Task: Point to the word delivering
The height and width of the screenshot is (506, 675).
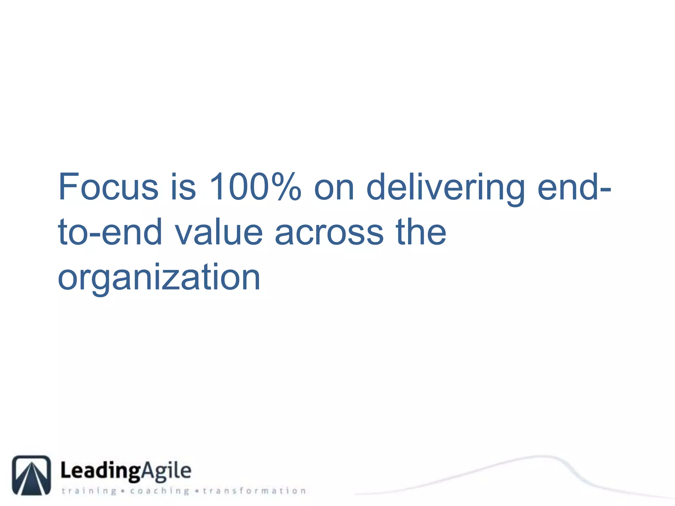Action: pos(445,187)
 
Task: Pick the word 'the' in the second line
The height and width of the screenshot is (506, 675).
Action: pos(421,232)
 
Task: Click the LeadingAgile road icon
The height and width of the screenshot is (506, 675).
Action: pos(31,475)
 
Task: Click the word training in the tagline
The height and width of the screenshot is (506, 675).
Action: pos(89,491)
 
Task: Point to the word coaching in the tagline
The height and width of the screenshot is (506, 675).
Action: pos(160,491)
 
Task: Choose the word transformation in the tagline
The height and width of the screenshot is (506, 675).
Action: pos(254,491)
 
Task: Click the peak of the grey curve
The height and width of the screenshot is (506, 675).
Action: pos(542,456)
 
